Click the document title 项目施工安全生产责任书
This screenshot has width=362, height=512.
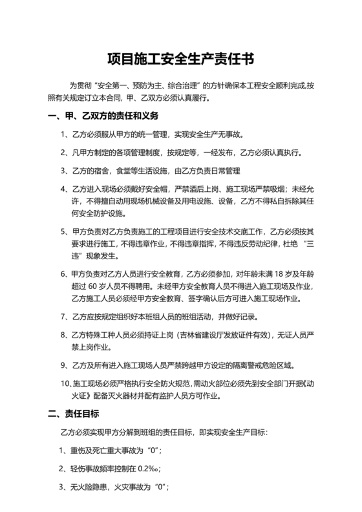180,60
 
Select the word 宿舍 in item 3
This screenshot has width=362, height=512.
104,171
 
